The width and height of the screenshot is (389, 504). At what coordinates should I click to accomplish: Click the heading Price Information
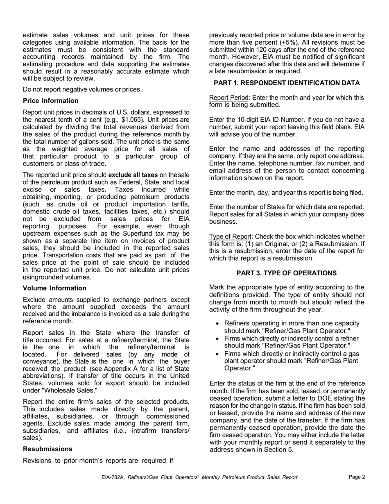tap(51, 101)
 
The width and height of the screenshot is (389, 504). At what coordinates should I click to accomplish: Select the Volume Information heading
tap(54, 288)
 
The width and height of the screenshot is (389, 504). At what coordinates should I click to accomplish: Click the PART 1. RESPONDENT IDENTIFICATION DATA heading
tap(287, 83)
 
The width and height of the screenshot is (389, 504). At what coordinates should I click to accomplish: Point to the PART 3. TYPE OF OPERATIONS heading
tap(287, 273)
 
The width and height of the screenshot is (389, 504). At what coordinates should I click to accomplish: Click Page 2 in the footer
tap(357, 477)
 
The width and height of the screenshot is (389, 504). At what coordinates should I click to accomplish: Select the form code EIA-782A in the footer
tap(114, 477)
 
